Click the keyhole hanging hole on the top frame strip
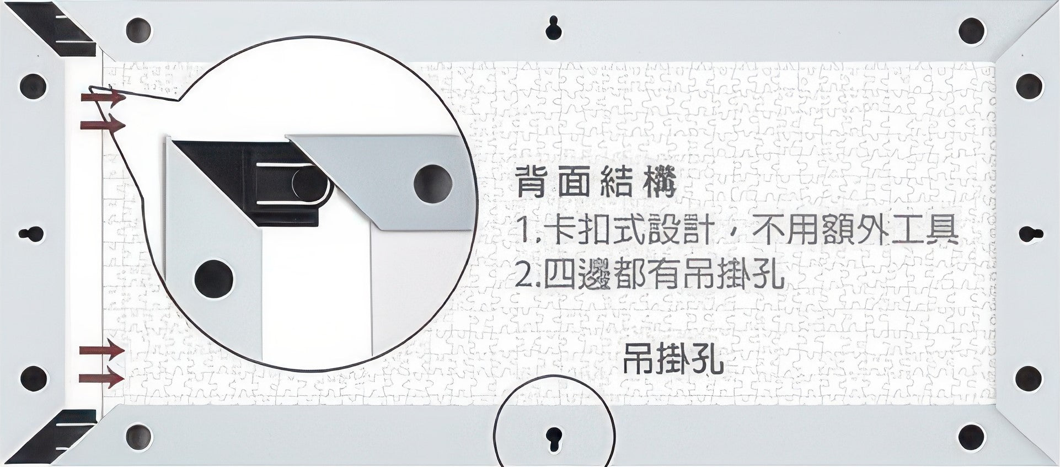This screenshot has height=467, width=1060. click(554, 28)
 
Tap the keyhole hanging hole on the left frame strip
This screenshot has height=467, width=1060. click(32, 233)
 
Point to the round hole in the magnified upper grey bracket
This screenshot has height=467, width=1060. click(433, 183)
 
